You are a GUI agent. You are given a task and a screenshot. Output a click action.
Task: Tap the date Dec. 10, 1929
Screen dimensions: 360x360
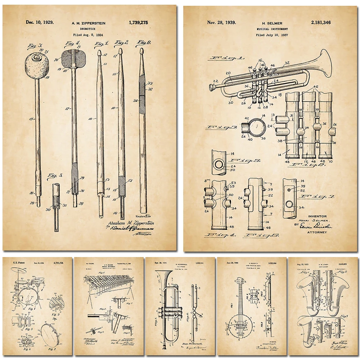tap(40, 22)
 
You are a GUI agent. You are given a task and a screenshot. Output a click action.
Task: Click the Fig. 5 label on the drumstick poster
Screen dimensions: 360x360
tap(55, 175)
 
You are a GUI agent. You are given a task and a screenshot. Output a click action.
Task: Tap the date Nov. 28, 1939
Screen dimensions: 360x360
tap(222, 23)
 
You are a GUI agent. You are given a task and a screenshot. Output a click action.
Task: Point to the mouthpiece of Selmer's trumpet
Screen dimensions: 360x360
tap(212, 86)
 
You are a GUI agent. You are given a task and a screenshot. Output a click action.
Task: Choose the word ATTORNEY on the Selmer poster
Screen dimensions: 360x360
tap(317, 232)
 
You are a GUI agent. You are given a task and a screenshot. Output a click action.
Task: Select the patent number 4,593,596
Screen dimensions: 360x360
tap(58, 264)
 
